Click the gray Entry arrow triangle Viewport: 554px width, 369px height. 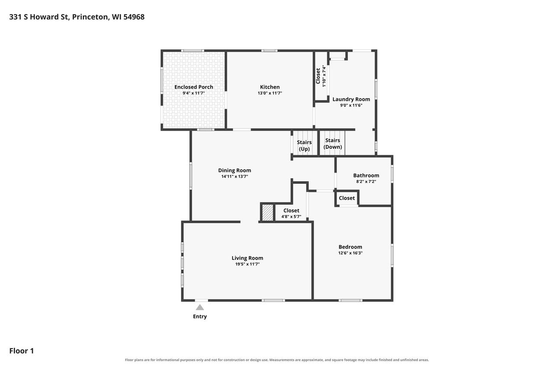coord(200,307)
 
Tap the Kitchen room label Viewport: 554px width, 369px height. coord(270,87)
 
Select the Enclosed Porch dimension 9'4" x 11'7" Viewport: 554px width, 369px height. coord(193,93)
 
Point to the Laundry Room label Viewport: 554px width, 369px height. coord(351,99)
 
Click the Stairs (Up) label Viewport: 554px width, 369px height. coord(304,146)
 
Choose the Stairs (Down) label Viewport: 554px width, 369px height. coord(333,144)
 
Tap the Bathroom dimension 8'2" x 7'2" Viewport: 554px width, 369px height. coord(366,181)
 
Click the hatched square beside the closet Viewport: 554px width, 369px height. coord(267,212)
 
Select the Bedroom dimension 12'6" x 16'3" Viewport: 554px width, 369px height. coord(351,253)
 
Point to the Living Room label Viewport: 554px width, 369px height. coord(247,258)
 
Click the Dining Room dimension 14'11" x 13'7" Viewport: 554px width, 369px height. coord(235,176)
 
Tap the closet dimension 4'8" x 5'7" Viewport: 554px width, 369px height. coord(291,217)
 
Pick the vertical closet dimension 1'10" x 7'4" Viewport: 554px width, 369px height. coord(324,76)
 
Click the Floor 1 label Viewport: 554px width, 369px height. coord(22,351)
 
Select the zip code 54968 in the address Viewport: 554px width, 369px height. coord(134,17)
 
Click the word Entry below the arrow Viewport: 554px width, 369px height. coord(200,317)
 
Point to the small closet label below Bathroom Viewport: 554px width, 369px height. coord(347,198)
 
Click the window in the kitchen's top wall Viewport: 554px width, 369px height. coord(270,51)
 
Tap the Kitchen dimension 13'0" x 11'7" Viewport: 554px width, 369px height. coord(270,93)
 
